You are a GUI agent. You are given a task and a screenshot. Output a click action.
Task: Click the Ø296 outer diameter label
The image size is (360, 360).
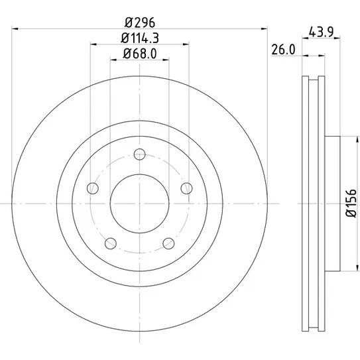click(140, 23)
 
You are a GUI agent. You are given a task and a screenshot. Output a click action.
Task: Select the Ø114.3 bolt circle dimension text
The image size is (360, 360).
click(140, 38)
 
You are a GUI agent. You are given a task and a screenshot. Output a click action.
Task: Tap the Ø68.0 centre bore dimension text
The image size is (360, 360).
click(140, 54)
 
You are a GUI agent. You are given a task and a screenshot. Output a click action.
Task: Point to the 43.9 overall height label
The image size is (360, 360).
click(321, 32)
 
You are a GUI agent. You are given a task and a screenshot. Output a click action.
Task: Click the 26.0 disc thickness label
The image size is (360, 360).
click(283, 50)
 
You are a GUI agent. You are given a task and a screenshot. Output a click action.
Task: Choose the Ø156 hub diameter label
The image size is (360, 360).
click(351, 203)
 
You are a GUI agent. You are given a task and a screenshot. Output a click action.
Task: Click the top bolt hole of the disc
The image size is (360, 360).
click(140, 154)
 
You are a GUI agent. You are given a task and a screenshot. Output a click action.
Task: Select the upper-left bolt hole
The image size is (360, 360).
click(93, 188)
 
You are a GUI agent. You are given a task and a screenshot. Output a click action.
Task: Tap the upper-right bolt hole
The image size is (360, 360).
click(187, 188)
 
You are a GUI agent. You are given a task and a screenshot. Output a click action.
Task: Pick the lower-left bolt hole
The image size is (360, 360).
click(111, 243)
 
